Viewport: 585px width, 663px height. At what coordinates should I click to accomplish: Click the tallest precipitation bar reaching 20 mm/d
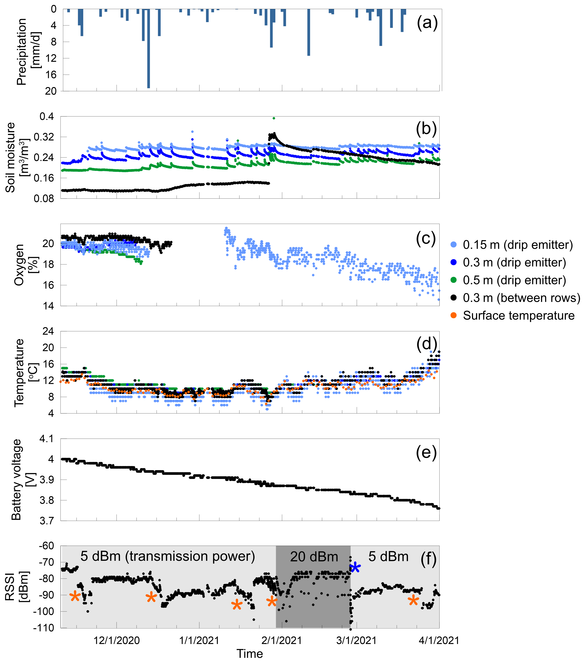coord(149,49)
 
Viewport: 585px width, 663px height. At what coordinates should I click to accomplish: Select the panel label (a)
coord(427,23)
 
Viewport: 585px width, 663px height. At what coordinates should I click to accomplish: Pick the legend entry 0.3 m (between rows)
coord(521,298)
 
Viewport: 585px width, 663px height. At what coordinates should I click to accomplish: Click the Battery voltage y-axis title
coord(16,480)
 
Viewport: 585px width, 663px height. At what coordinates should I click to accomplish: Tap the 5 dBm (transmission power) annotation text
coord(168,556)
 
